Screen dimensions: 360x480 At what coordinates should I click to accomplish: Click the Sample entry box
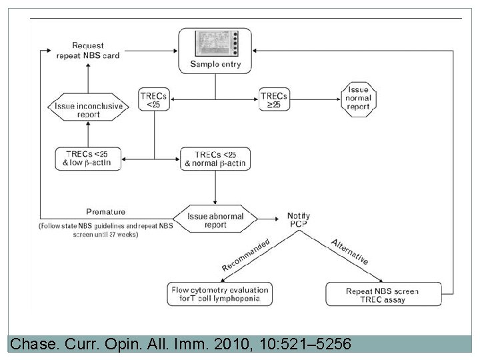(215, 51)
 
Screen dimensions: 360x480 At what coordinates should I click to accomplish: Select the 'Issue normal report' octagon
(359, 99)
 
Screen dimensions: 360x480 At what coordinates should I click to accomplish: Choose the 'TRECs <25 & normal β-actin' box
(215, 159)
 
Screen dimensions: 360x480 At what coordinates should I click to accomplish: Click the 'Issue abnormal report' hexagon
(215, 221)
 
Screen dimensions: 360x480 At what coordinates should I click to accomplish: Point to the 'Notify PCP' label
(298, 221)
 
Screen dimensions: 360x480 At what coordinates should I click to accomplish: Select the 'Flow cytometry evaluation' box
(219, 295)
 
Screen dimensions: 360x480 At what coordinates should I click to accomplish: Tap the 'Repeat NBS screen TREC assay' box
(383, 295)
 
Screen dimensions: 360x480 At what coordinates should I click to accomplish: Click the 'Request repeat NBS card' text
(93, 51)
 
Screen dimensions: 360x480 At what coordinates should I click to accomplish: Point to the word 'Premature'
(106, 212)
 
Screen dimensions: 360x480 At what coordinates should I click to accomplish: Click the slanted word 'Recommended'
(246, 254)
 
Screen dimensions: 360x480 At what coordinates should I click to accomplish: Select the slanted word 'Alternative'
(349, 252)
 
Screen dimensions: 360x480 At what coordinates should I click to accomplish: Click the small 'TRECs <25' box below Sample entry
(154, 100)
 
